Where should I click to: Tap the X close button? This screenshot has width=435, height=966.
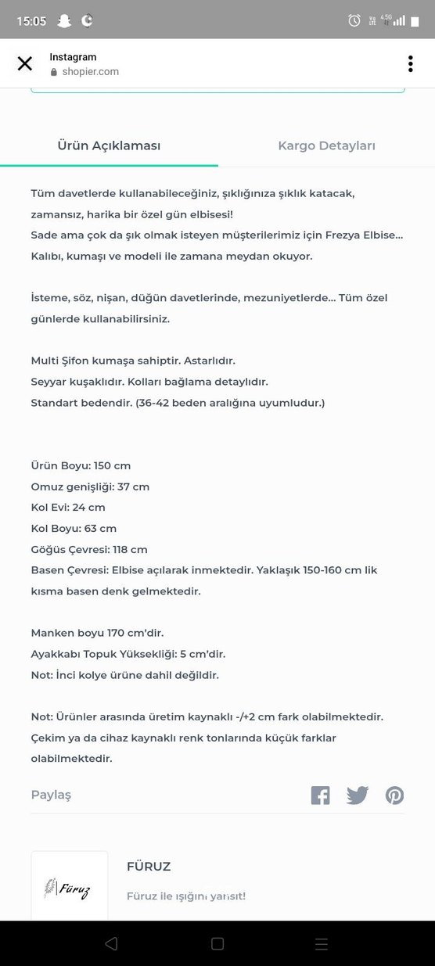[25, 64]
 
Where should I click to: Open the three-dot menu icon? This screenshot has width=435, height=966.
[410, 64]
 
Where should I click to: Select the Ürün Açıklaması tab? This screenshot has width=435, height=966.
[109, 146]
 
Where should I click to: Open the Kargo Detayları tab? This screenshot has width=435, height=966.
[326, 146]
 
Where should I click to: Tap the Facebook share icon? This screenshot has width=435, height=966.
[320, 795]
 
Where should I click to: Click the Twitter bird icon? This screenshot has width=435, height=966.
[358, 795]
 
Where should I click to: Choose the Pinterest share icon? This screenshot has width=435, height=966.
[394, 795]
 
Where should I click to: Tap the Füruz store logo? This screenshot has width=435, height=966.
[70, 888]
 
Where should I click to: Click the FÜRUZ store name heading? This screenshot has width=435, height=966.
[149, 867]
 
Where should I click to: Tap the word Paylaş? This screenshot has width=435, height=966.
[51, 795]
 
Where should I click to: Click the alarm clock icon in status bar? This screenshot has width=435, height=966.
[354, 21]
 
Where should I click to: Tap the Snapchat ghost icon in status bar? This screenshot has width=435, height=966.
[64, 21]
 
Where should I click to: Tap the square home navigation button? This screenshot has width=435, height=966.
[217, 944]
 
